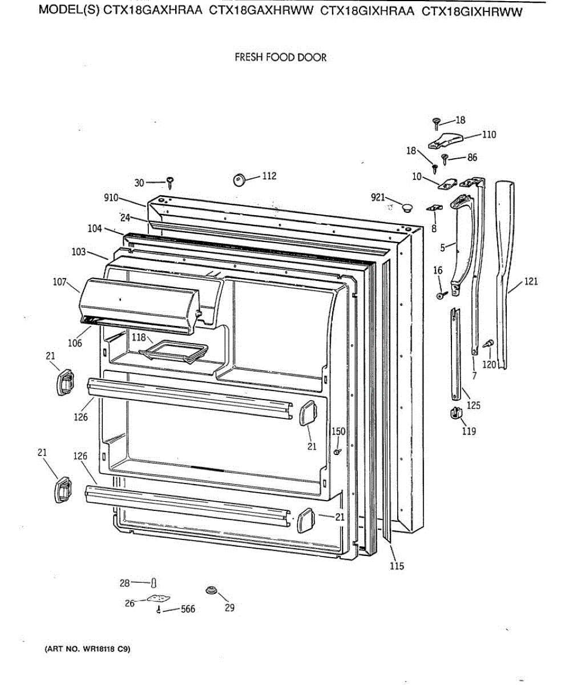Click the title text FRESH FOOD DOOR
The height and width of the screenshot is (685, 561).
pos(281,58)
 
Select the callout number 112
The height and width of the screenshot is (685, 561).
pos(269,176)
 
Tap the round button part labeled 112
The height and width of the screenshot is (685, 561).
pos(240,180)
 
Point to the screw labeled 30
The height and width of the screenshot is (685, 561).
pos(171,183)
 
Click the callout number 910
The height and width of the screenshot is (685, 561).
pos(111,198)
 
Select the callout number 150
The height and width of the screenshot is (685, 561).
pos(339,432)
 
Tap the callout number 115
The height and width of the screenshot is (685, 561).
pos(397,566)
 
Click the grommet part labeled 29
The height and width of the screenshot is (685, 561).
pos(212,590)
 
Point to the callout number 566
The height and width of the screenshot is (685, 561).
pos(188,609)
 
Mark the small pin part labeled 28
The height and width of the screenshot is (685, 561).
pos(154,582)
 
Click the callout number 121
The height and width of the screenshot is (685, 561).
pos(531,281)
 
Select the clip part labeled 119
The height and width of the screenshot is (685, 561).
pos(456,413)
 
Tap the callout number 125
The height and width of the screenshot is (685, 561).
pos(473,405)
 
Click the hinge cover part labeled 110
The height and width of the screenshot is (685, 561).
pos(446,139)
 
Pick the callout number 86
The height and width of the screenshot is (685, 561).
pos(472,158)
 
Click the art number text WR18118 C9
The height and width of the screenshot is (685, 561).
pos(88,649)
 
